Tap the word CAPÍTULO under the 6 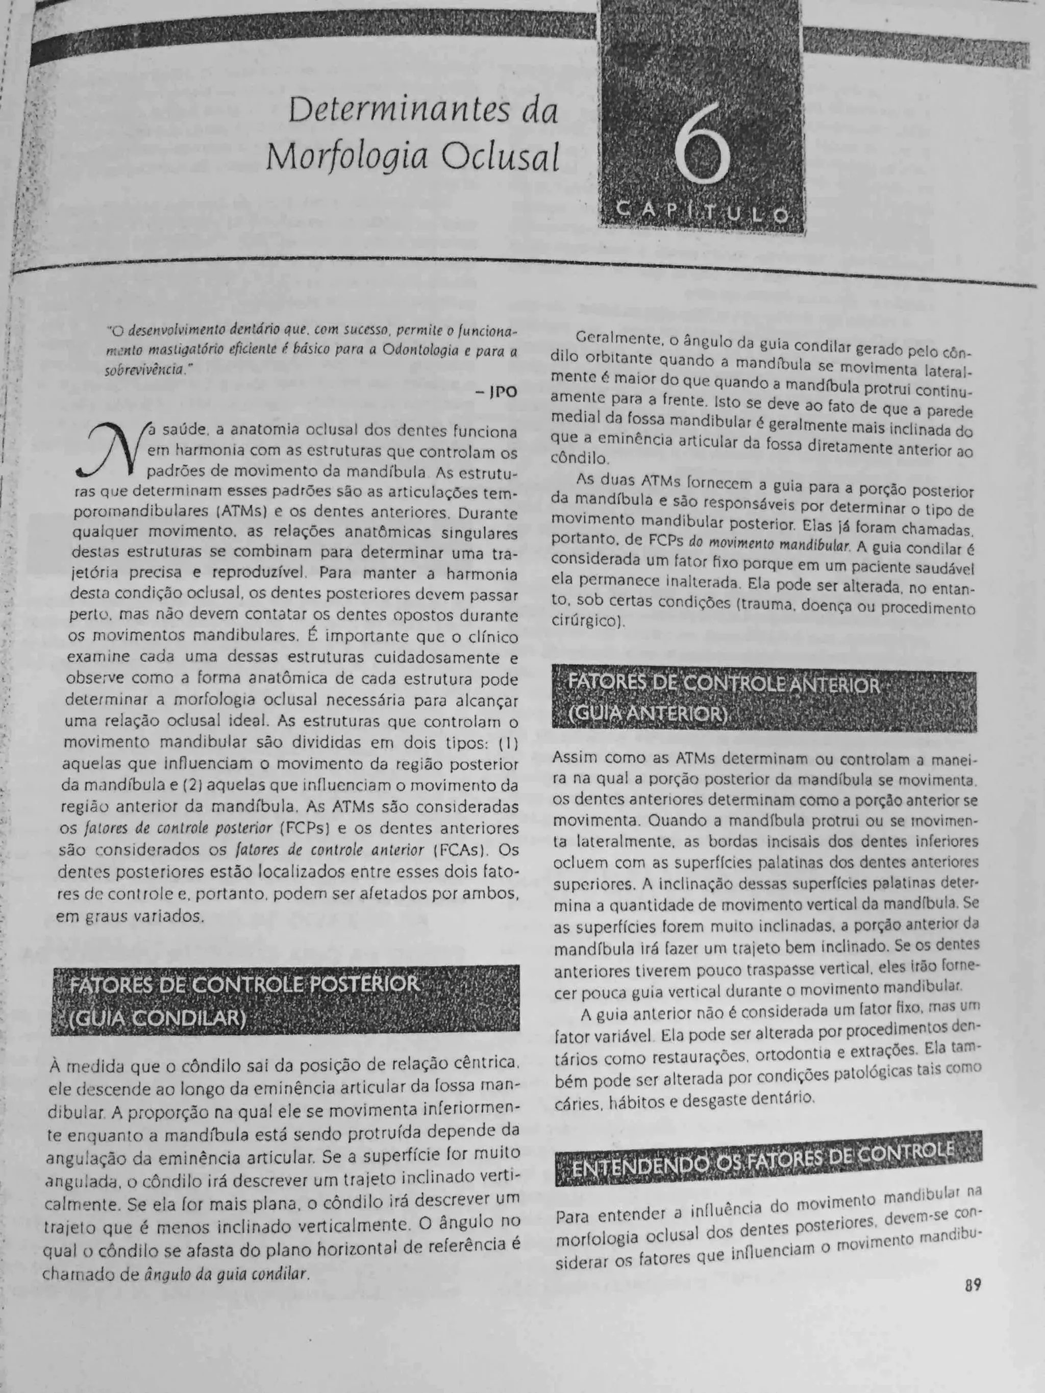point(702,213)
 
